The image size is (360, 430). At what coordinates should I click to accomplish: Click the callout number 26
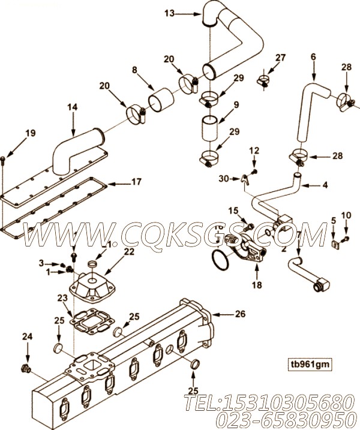[x=240, y=313]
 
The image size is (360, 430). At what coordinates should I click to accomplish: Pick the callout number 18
[x=257, y=286]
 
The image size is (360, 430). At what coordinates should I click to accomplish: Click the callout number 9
[x=236, y=104]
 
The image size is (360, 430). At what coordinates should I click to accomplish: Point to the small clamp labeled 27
[x=264, y=80]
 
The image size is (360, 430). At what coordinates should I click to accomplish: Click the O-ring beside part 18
[x=220, y=261]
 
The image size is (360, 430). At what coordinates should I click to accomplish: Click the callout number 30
[x=224, y=178]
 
